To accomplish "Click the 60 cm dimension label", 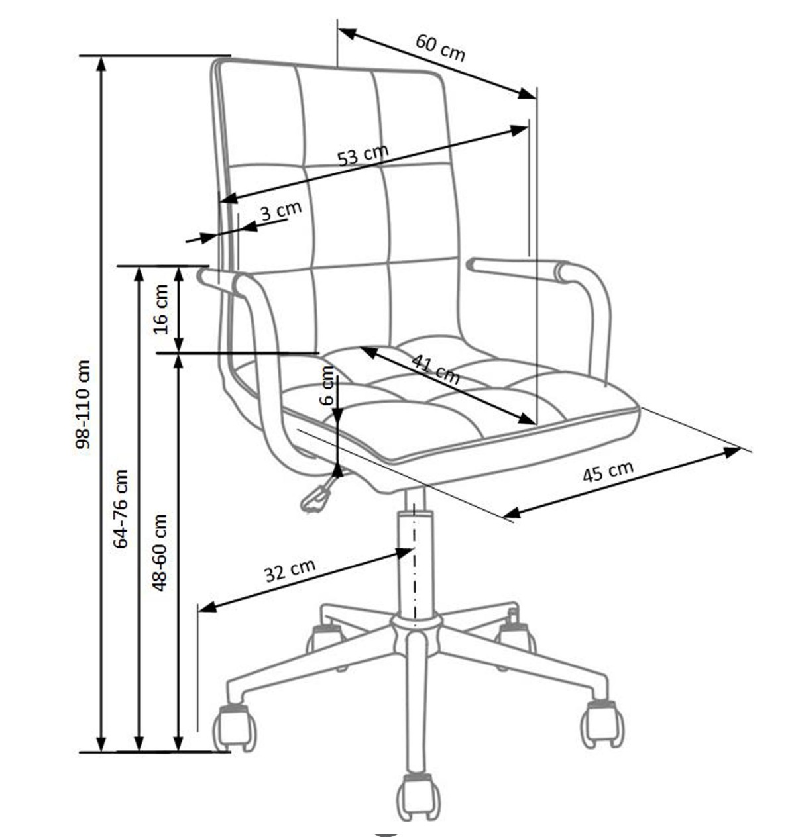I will point(441,47).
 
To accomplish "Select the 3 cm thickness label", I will point(280,211).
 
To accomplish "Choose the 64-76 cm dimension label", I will point(121,509).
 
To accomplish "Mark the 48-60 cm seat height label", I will point(160,552).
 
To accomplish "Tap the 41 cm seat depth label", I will point(435,369).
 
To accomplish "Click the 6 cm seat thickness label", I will point(327,386).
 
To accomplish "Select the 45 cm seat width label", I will point(608,471).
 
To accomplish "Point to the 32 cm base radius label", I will point(290,569).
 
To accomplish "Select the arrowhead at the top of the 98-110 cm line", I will point(101,64).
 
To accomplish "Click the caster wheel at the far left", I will point(235,728).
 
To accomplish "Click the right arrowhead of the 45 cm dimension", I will point(732,452).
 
